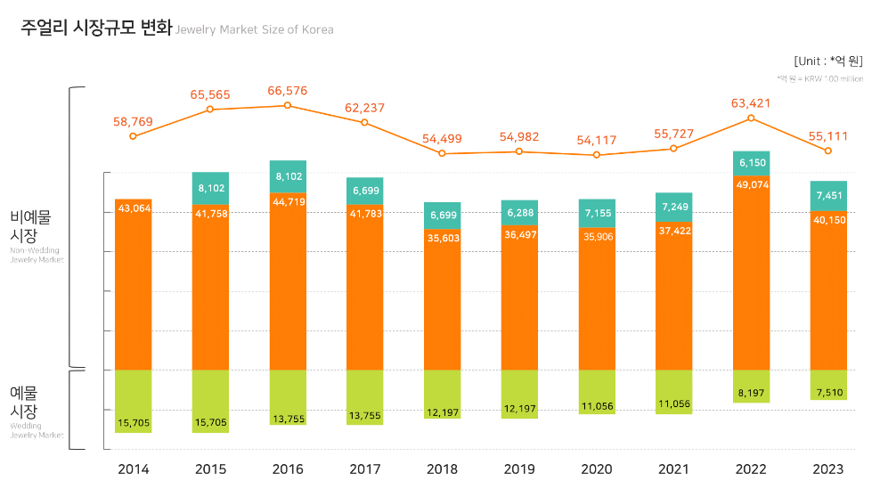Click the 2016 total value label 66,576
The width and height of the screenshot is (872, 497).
[x=287, y=90]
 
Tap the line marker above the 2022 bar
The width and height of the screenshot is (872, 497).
[x=751, y=118]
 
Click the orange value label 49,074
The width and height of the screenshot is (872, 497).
[x=751, y=184]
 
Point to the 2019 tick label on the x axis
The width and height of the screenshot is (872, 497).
[x=519, y=469]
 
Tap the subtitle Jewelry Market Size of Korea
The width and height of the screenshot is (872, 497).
[x=255, y=29]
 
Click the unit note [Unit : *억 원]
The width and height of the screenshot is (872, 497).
[x=827, y=61]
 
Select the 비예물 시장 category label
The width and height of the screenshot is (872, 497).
[x=30, y=226]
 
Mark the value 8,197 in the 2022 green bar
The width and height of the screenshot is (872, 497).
[x=751, y=392]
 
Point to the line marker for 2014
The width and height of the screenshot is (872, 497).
[x=133, y=135]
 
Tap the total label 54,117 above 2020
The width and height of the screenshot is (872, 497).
[x=596, y=140]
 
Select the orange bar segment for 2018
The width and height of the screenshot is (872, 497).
[x=442, y=303]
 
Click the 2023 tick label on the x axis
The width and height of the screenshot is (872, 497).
[x=828, y=469]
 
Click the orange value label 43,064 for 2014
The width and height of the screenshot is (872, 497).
[x=133, y=209]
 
